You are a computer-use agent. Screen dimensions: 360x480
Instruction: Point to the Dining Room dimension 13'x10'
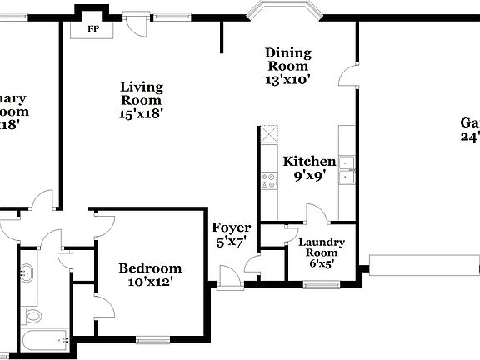click(x=287, y=81)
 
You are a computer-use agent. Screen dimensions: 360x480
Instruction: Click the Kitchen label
click(x=309, y=162)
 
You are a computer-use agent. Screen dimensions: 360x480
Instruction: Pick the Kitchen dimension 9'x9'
click(x=309, y=176)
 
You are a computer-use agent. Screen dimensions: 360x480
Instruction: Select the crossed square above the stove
click(x=268, y=135)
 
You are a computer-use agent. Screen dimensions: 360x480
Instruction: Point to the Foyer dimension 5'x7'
click(x=231, y=242)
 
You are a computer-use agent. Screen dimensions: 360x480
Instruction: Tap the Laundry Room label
click(x=321, y=247)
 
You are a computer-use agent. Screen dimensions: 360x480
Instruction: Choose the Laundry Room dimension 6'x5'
click(x=321, y=264)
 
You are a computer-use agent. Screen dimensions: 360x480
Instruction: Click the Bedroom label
click(x=150, y=267)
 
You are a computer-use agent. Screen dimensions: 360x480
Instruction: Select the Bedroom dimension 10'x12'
click(x=150, y=282)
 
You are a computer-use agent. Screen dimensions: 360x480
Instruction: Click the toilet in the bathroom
click(x=32, y=316)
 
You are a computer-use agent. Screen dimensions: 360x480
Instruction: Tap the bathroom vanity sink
click(x=27, y=272)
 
